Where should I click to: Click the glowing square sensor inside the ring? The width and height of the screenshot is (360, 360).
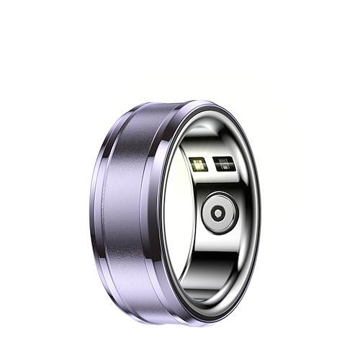[x=199, y=164]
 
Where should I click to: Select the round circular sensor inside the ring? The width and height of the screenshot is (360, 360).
[x=219, y=212]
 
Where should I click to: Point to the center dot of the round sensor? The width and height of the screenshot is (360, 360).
[x=219, y=212]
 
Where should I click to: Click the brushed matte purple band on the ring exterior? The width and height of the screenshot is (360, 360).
[x=126, y=209]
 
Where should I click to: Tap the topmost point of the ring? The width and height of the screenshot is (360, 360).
[x=202, y=101]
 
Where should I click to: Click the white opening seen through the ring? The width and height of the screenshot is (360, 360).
[x=176, y=216]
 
